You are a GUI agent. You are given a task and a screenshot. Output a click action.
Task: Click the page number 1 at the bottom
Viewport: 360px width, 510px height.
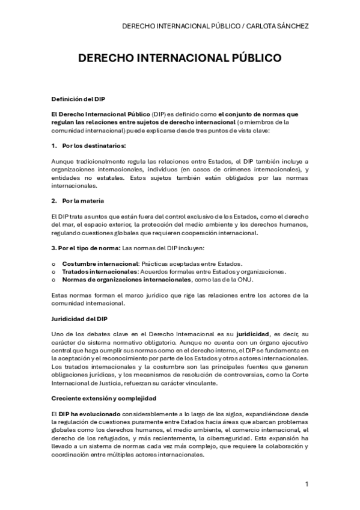click(307, 484)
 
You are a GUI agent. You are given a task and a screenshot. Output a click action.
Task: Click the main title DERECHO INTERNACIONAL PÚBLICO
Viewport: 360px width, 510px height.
click(180, 58)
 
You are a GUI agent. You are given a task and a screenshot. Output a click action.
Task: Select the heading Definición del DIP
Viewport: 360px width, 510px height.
click(78, 98)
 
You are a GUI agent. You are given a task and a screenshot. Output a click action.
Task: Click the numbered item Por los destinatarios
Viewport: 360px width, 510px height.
click(91, 146)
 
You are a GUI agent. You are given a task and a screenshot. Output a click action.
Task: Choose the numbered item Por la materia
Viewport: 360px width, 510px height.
click(82, 200)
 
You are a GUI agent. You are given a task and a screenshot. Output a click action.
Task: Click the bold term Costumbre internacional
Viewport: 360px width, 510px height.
click(100, 263)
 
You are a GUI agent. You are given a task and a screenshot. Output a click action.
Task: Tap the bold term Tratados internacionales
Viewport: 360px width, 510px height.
click(99, 271)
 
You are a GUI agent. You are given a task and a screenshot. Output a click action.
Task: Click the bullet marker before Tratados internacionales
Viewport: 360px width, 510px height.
click(53, 271)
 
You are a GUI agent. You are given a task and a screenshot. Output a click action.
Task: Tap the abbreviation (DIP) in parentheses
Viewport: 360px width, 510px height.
click(159, 113)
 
